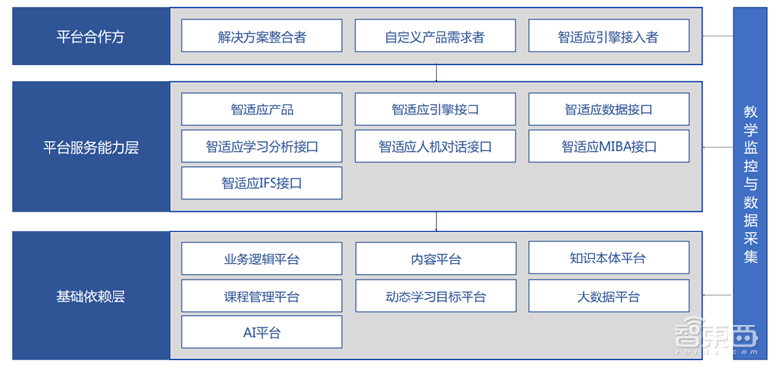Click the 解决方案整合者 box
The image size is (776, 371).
click(262, 37)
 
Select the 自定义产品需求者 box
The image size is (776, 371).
click(435, 37)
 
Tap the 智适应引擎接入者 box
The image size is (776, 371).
click(608, 37)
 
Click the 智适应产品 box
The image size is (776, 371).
click(262, 109)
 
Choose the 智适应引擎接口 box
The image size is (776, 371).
click(435, 109)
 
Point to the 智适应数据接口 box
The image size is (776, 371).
click(608, 109)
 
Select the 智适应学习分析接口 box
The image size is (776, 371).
click(262, 146)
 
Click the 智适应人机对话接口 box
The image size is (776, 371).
click(435, 146)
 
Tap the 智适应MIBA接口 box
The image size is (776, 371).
click(608, 146)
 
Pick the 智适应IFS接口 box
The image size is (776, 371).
click(262, 182)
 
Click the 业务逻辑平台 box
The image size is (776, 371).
click(262, 259)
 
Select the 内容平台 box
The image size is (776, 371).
click(435, 259)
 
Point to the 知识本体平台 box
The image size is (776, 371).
click(608, 259)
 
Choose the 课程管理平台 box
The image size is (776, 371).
click(262, 295)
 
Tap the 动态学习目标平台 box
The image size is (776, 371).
click(435, 295)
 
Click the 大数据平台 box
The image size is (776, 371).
click(608, 295)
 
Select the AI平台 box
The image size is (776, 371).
click(262, 332)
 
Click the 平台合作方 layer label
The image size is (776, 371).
click(90, 37)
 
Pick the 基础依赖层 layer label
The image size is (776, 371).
click(90, 295)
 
